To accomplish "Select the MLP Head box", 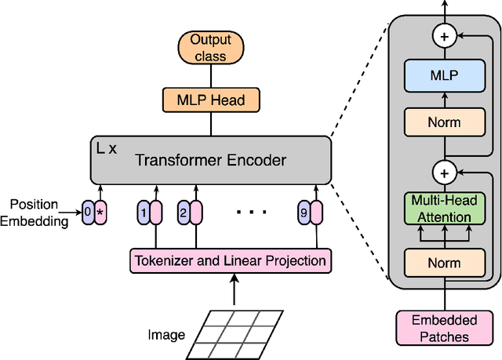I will coord(209,100).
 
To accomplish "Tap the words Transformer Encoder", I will coord(211,160).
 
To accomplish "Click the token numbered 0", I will coord(88,213).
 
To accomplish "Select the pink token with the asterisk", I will coord(100,213).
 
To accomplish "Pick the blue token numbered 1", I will coord(143,213).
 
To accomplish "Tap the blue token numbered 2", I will coord(183,213).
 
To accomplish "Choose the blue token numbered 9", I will coord(304,213).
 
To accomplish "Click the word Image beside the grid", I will coord(166,335).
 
